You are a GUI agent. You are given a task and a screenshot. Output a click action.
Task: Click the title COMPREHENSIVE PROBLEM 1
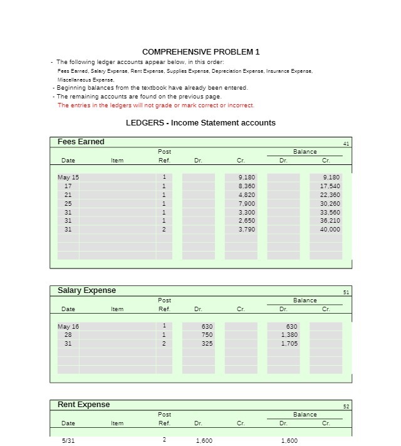200,51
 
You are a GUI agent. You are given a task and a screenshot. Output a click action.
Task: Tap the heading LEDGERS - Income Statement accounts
200,123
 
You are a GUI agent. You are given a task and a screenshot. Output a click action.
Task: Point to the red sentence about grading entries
155,105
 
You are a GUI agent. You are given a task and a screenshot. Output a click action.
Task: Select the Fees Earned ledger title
81,142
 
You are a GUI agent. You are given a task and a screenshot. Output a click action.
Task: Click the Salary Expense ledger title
86,290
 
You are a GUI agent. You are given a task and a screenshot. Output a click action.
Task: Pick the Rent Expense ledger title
83,405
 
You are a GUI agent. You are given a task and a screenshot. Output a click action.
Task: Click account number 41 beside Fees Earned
346,144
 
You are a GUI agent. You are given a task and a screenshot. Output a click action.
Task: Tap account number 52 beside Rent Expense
346,406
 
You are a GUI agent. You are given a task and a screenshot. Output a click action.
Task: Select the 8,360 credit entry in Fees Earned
247,186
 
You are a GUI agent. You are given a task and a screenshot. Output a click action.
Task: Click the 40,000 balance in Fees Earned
330,230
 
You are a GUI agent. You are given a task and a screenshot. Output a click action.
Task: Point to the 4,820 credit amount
247,195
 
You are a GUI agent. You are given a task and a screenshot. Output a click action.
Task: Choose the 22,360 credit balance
330,195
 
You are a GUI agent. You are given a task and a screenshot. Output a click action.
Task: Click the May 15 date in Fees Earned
68,178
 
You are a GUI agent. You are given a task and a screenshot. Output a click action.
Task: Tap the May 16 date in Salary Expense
68,326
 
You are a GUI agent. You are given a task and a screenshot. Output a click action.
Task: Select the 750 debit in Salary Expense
207,335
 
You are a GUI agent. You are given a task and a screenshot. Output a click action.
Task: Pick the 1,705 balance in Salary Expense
289,344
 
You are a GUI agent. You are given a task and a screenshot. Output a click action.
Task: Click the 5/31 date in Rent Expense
68,441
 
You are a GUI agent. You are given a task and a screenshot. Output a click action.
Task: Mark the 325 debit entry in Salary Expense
207,344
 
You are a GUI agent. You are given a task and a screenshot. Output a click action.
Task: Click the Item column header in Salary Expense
117,309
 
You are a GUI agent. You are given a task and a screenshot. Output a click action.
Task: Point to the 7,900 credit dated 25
247,204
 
